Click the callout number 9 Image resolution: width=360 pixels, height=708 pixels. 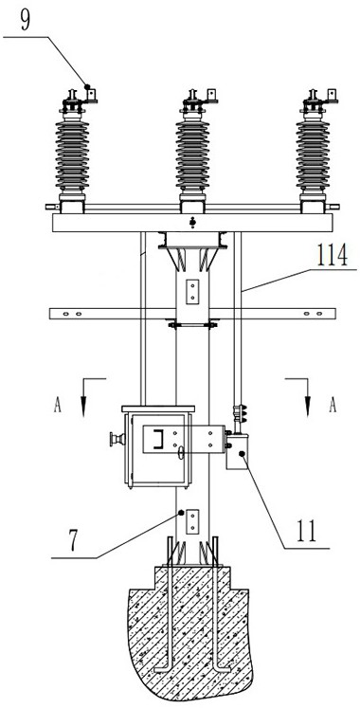click(x=26, y=20)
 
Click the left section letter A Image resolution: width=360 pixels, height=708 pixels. click(x=57, y=406)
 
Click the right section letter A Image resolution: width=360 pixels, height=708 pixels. click(x=333, y=406)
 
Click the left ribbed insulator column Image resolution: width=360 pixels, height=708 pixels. click(x=72, y=155)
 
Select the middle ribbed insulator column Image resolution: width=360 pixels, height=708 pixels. click(x=192, y=155)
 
